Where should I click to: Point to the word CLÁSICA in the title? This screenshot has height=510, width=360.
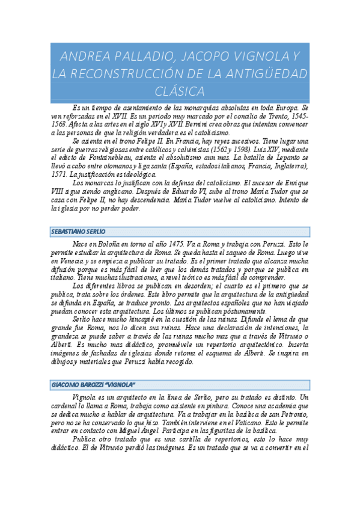180,91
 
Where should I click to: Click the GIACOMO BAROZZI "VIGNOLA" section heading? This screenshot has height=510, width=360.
93,384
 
